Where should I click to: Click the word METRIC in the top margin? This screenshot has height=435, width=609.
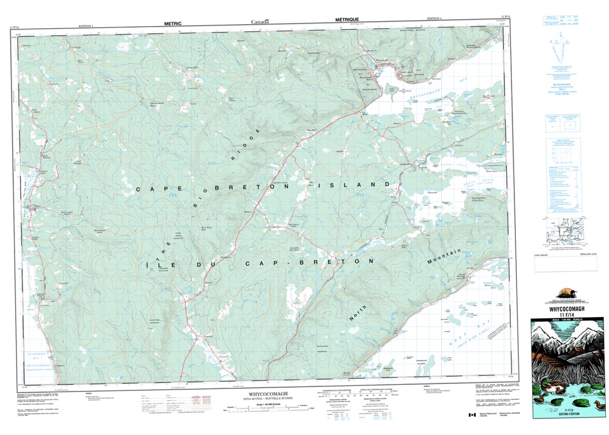tap(173, 23)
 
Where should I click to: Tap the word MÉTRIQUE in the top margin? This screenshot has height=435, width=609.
tap(347, 19)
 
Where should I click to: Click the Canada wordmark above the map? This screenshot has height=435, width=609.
tap(260, 22)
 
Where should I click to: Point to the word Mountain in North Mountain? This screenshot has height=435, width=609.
tap(444, 257)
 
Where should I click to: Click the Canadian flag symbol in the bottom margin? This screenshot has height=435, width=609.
tap(471, 415)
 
